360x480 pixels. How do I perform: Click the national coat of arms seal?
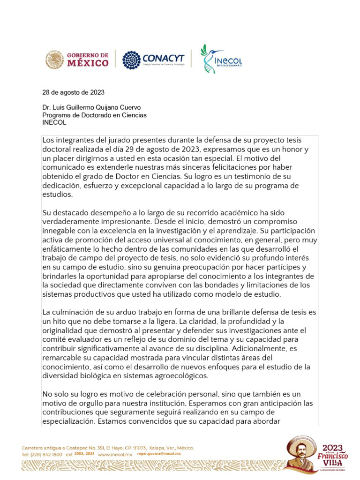click(x=55, y=60)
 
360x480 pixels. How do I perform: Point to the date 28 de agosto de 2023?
click(x=73, y=92)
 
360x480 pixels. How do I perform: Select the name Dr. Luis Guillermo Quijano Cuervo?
click(x=91, y=107)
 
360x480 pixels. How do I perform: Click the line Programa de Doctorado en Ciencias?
click(x=94, y=115)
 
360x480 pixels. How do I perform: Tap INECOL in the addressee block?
click(x=54, y=122)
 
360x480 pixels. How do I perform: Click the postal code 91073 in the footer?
click(x=138, y=448)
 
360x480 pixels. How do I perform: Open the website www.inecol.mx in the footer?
click(x=114, y=455)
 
